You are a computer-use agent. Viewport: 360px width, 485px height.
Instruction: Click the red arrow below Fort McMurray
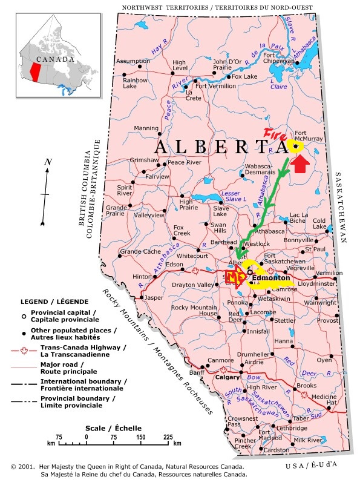tap(299, 162)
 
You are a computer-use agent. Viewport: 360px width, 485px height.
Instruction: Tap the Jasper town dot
tap(143, 297)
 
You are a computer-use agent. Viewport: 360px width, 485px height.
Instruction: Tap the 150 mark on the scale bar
tap(141, 436)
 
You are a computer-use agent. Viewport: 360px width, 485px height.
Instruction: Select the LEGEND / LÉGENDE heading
tap(54, 301)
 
